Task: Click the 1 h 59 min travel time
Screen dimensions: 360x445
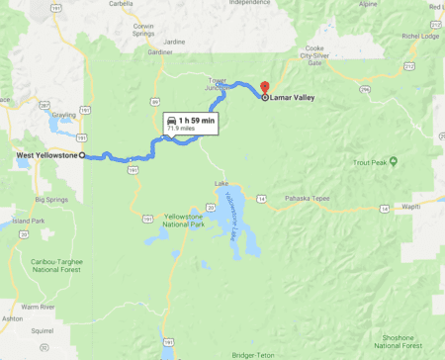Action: (x=194, y=120)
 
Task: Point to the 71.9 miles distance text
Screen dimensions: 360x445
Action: (x=188, y=129)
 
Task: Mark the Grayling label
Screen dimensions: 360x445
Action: (x=64, y=114)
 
